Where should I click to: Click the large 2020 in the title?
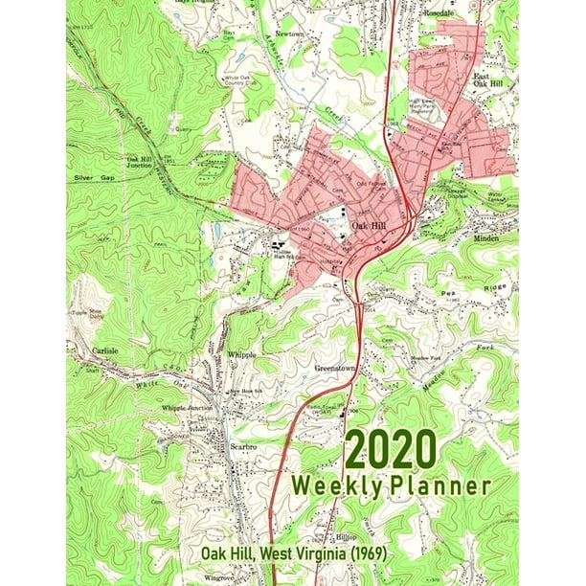390,450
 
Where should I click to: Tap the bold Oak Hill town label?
369,223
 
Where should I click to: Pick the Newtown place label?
262,33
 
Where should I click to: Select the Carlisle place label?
105,351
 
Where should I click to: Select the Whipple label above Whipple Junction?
242,354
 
